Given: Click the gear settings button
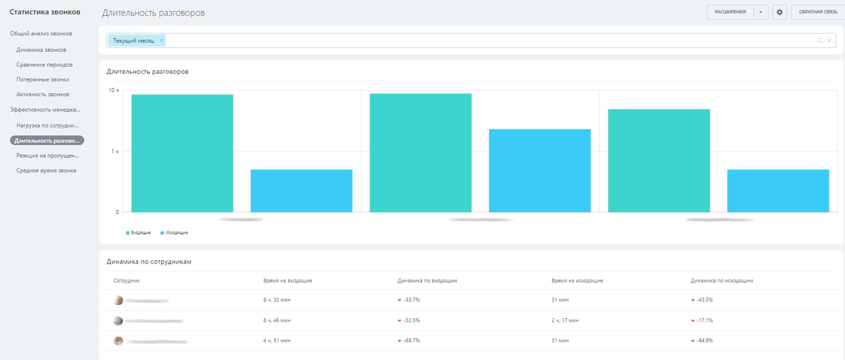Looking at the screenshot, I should click(x=779, y=12).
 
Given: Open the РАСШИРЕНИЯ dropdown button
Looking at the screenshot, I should click(x=761, y=12).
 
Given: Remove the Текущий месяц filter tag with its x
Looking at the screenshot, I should click(x=161, y=40).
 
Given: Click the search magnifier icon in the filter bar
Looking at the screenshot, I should click(x=820, y=40).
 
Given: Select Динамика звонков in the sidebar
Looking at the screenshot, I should click(x=41, y=49).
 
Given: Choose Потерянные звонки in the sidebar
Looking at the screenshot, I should click(x=43, y=79).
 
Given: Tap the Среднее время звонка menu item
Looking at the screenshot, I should click(x=46, y=170).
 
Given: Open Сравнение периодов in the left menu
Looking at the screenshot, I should click(x=44, y=64).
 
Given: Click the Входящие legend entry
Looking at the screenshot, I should click(x=139, y=233).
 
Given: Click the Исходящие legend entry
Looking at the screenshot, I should click(x=174, y=233).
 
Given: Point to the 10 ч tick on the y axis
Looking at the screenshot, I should click(x=114, y=91).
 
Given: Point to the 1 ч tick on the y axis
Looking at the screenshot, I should click(x=115, y=151).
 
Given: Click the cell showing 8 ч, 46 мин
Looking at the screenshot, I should click(x=277, y=320).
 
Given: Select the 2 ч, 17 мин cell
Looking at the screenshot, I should click(x=565, y=320).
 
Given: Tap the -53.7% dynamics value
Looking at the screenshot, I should click(x=411, y=300).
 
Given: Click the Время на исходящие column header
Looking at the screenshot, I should click(x=577, y=281).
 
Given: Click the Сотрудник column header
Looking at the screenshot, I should click(x=127, y=281).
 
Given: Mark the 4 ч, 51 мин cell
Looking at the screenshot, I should click(x=277, y=340).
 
